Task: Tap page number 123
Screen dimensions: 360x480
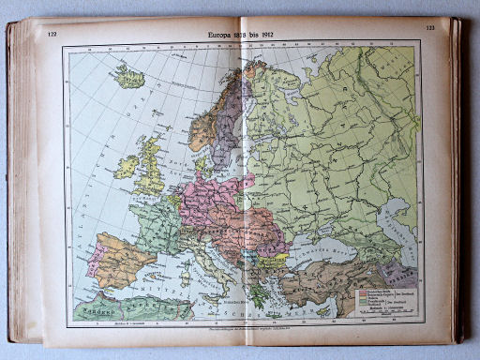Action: pos(430,29)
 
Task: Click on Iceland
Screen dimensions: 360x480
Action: pos(129,77)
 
